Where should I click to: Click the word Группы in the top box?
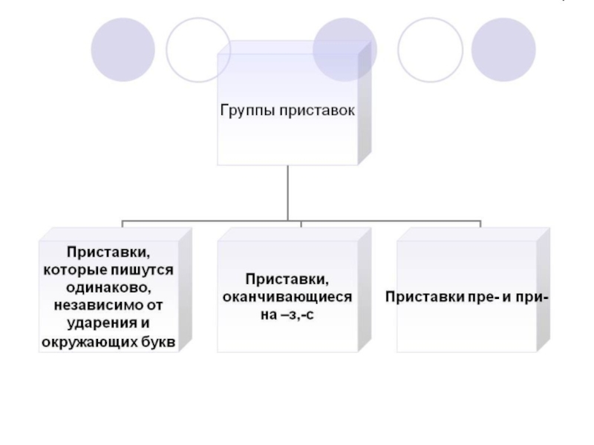246,111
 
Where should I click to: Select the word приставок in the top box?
318,111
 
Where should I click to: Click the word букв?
158,340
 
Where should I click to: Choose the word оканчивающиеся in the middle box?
288,297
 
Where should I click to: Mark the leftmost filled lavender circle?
123,49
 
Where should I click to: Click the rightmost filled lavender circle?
503,49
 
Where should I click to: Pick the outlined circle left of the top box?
198,49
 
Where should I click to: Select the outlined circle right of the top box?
430,49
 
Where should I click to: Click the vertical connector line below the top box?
287,193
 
